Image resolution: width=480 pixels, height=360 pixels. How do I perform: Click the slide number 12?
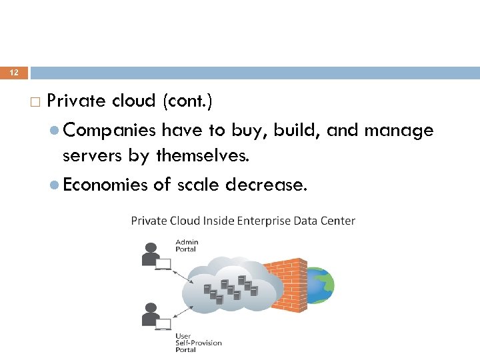coord(14,73)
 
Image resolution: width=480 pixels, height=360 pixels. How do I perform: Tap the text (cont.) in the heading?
coord(187,101)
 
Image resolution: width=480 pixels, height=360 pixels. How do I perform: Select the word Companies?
coord(110,130)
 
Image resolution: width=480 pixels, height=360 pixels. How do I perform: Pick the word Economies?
coord(105,185)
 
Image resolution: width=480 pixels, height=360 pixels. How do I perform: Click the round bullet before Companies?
coord(55,131)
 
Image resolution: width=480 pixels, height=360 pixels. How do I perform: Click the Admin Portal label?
coord(186,245)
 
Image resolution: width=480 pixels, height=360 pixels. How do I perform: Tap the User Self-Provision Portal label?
coord(198,343)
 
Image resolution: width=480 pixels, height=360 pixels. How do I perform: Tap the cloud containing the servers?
coord(230,287)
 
